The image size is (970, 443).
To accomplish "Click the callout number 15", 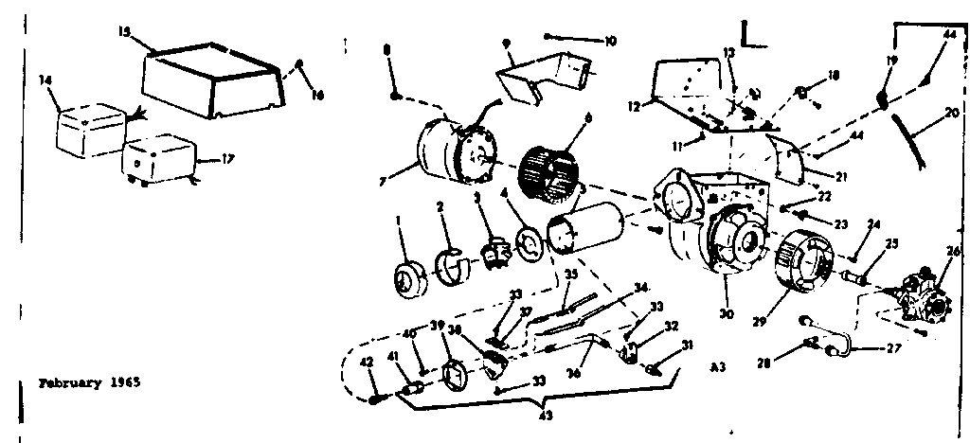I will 124,30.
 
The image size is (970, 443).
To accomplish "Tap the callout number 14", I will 44,81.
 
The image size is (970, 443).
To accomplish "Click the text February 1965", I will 89,385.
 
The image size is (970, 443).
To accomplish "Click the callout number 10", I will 610,41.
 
